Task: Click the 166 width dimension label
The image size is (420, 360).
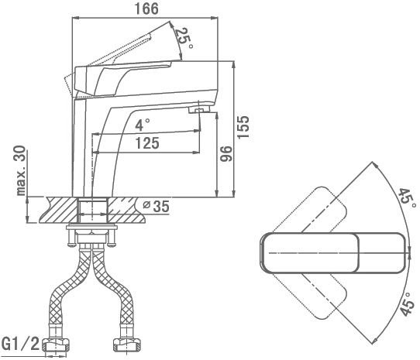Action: (146, 9)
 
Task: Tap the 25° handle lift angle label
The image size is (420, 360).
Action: (184, 37)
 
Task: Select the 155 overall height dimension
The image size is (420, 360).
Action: (243, 127)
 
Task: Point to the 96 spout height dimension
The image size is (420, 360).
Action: (225, 153)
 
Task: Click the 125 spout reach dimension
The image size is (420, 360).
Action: (147, 143)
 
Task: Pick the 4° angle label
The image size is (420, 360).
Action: (143, 125)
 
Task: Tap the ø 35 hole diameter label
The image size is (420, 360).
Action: (157, 207)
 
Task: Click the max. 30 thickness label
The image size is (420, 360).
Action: (21, 170)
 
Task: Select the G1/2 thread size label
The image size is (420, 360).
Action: (21, 345)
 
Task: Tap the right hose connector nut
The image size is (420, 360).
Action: (126, 345)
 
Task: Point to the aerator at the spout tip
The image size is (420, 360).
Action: (199, 109)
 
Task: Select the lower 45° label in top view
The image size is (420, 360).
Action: (407, 303)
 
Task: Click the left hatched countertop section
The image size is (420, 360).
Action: (59, 210)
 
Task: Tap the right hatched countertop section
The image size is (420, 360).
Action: (126, 210)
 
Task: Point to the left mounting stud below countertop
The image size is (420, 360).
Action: (71, 238)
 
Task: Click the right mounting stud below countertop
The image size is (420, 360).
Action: (112, 238)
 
